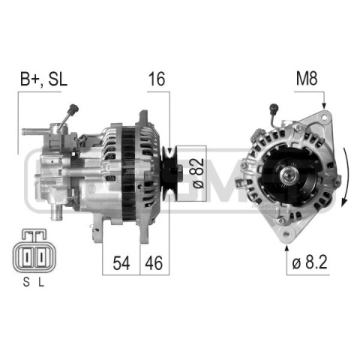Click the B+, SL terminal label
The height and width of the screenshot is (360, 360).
click(43, 79)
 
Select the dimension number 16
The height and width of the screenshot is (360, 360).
click(157, 79)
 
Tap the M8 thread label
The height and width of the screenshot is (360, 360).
click(307, 79)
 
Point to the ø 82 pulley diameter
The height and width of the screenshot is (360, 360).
click(199, 173)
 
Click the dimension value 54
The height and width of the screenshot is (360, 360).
click(121, 262)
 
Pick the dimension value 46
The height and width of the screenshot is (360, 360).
click(154, 262)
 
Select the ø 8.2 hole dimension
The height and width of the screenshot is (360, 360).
click(310, 262)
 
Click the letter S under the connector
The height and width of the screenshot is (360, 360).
click(26, 283)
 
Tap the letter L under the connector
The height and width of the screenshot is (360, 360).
click(41, 283)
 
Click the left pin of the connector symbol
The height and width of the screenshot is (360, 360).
click(27, 257)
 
